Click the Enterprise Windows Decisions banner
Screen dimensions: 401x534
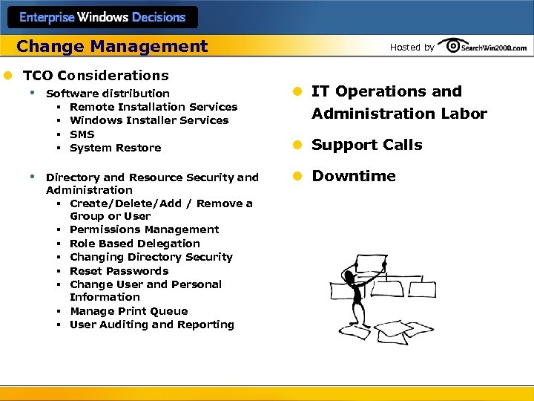tap(102, 16)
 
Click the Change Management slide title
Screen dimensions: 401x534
tap(112, 47)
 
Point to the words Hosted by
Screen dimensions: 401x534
tap(412, 48)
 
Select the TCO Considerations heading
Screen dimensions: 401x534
tap(96, 75)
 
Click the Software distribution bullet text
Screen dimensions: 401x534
tap(108, 94)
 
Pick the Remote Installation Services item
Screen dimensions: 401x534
tap(154, 107)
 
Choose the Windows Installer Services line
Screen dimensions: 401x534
tap(149, 120)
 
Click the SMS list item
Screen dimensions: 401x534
tap(82, 134)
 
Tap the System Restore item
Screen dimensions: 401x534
tap(115, 148)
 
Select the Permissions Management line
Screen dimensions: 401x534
tap(145, 229)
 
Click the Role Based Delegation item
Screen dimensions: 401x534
tap(135, 244)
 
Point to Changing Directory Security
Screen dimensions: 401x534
tap(151, 257)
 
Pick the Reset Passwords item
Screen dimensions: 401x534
tap(119, 271)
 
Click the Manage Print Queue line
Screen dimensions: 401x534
tap(129, 311)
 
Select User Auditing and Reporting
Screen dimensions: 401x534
tap(152, 325)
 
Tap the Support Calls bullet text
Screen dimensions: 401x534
tap(366, 145)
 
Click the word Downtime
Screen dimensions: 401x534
tap(354, 176)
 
